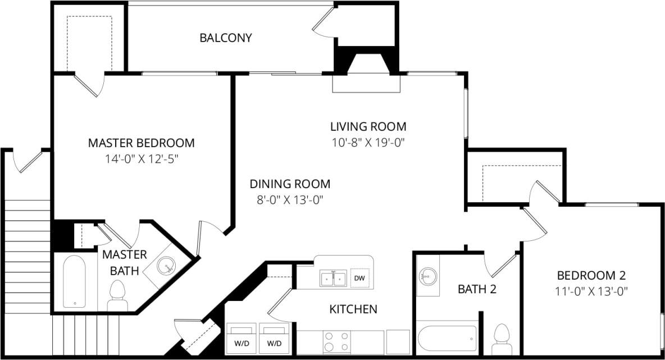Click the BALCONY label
[226, 38]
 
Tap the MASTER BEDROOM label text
[141, 143]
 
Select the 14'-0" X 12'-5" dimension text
[141, 159]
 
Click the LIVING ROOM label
[368, 126]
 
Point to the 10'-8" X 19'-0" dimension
[368, 143]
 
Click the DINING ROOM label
[290, 184]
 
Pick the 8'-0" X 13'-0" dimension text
[290, 200]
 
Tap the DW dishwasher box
[359, 278]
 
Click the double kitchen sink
[333, 278]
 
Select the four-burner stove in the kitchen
[336, 341]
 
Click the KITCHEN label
[353, 309]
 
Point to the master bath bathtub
[74, 282]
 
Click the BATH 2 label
[477, 290]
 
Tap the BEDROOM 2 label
[591, 276]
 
